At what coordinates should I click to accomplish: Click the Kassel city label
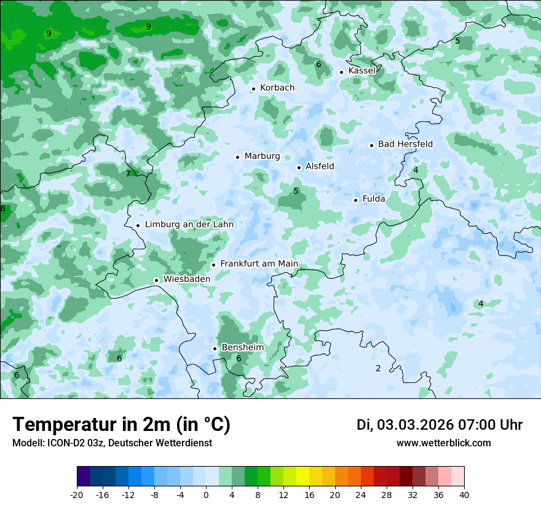[361, 71]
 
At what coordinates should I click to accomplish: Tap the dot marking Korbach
[253, 89]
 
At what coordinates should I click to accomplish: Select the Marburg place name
[262, 156]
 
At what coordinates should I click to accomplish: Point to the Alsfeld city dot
[299, 167]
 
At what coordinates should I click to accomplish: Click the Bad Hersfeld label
[405, 144]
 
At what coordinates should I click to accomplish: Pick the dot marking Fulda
[356, 200]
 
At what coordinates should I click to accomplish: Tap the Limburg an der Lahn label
[189, 225]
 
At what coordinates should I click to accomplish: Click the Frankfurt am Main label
[259, 264]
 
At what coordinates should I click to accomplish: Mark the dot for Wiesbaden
[157, 280]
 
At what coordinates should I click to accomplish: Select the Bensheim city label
[242, 347]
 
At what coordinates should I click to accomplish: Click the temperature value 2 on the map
[378, 368]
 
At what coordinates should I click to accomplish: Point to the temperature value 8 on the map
[2, 209]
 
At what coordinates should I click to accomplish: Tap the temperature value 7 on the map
[128, 174]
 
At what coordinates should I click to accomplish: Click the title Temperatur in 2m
[121, 424]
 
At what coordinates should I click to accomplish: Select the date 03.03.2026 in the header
[415, 425]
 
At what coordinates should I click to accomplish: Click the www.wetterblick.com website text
[443, 443]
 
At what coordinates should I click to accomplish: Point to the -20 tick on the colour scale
[77, 495]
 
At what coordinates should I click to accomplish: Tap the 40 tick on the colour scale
[464, 495]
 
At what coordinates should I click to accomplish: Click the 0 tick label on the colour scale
[206, 495]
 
